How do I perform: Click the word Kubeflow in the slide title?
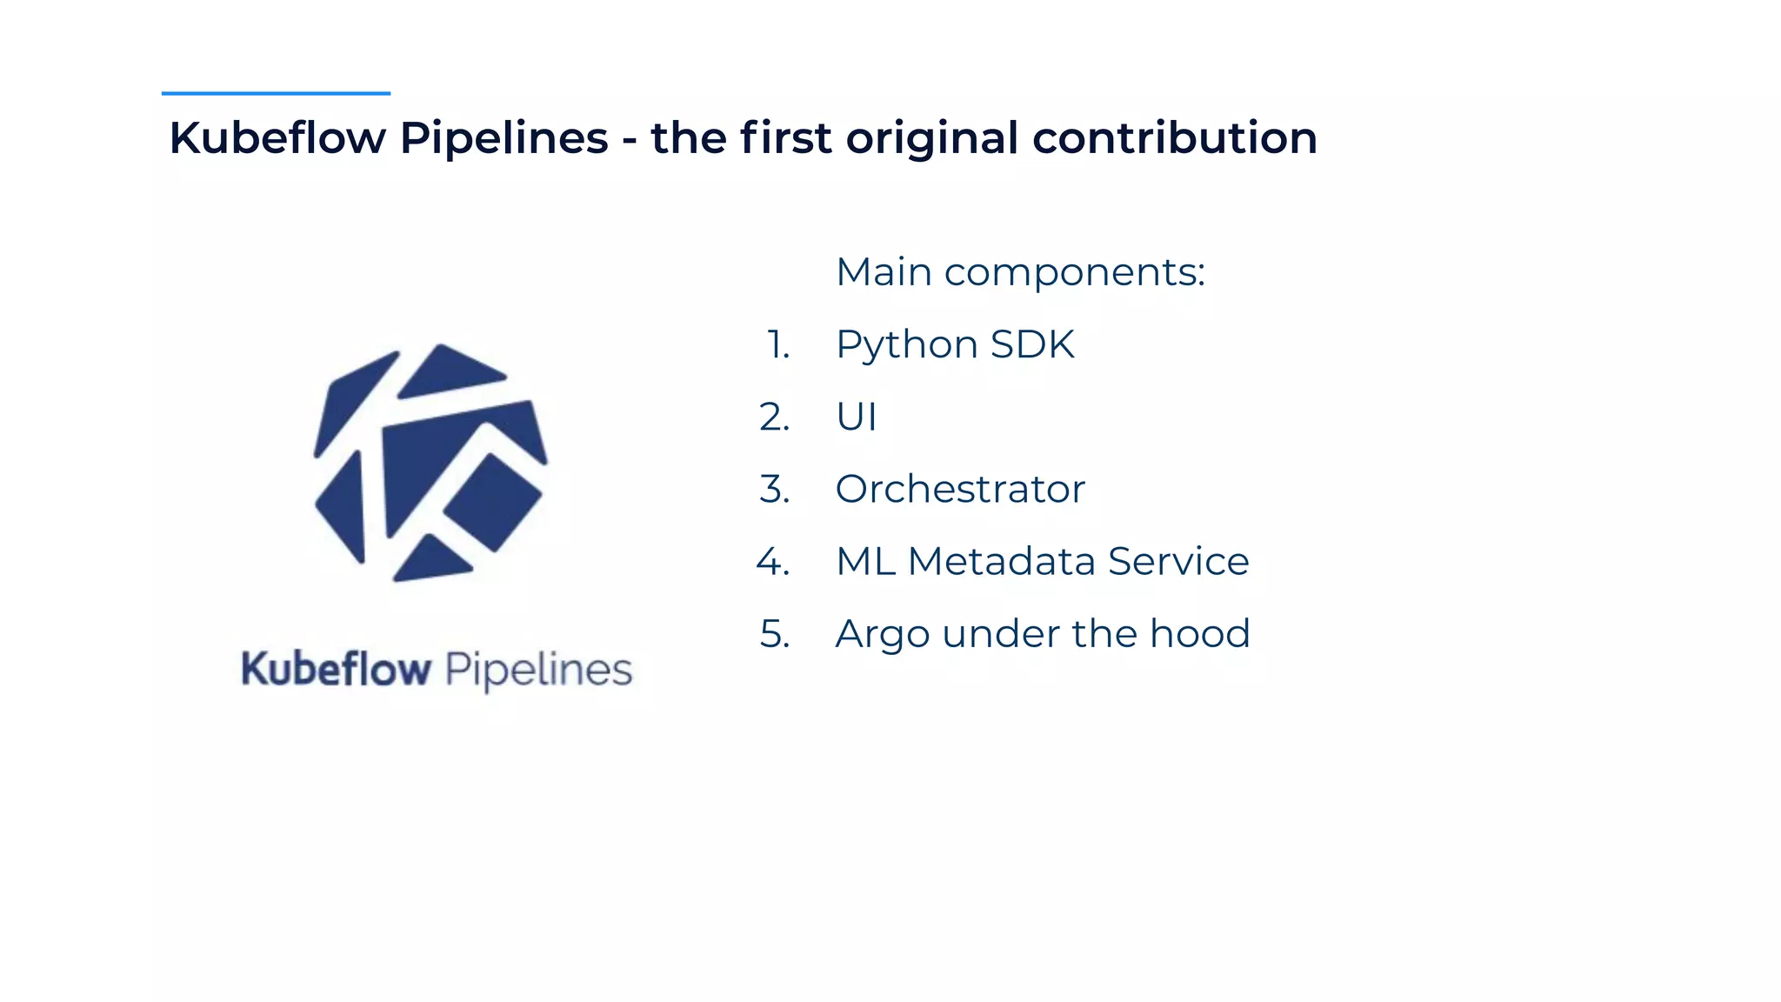tap(277, 138)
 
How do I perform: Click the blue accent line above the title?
tap(276, 93)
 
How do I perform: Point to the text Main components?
tap(1020, 272)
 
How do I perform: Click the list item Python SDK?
tap(955, 344)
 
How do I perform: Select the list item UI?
tap(856, 417)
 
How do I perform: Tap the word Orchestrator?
tap(960, 489)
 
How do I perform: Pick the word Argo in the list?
tap(883, 634)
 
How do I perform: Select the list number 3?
tap(775, 490)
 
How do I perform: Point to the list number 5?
tap(775, 634)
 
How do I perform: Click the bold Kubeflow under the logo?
tap(336, 670)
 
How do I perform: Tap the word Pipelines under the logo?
tap(538, 671)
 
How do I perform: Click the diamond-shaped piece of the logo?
tap(492, 503)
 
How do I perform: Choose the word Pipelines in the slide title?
tap(504, 138)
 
